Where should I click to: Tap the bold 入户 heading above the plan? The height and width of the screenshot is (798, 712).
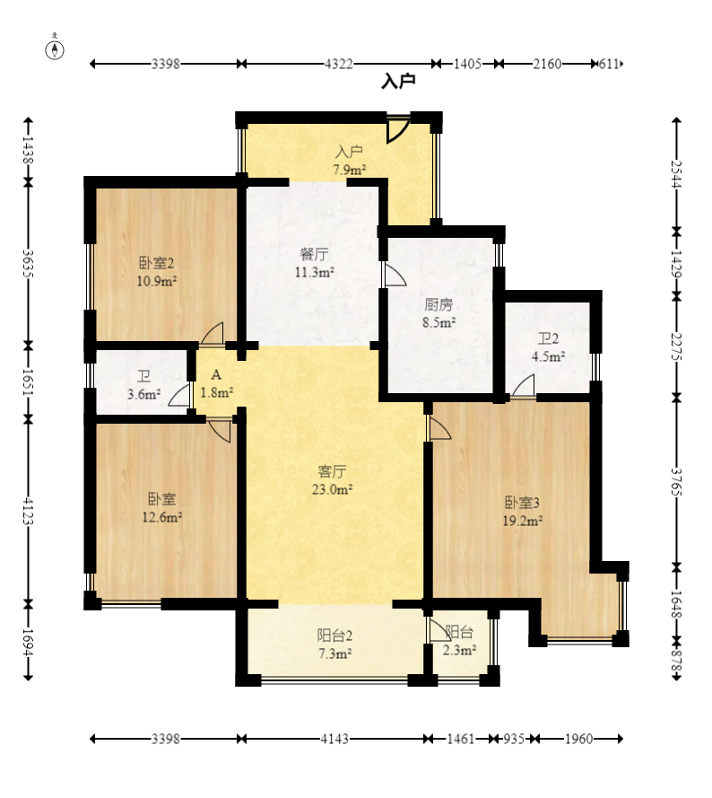[x=399, y=81]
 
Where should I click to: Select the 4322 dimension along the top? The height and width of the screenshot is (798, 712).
[x=339, y=64]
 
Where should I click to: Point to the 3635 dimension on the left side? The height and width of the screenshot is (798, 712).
[x=28, y=263]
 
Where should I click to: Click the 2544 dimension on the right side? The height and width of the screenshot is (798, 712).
[x=676, y=174]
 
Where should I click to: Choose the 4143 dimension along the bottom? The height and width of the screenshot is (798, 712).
[x=334, y=739]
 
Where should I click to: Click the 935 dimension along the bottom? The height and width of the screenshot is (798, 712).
[x=514, y=739]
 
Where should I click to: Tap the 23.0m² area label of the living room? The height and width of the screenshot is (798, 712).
[x=332, y=489]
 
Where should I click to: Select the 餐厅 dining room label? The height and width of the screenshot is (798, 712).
[x=314, y=254]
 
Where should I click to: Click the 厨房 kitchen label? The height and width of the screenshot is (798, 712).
[x=438, y=305]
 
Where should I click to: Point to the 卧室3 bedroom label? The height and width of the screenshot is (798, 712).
[x=522, y=503]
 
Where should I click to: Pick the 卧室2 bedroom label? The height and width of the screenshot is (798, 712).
[x=157, y=263]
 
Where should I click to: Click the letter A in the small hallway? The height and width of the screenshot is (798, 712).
[x=216, y=375]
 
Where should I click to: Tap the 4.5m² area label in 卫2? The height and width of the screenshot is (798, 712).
[x=548, y=356]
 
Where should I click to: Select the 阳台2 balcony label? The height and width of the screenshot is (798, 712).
[x=334, y=636]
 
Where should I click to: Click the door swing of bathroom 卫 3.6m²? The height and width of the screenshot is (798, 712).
[x=179, y=395]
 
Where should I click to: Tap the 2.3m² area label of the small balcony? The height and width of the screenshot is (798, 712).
[x=459, y=650]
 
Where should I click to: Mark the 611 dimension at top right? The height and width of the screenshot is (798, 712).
[x=609, y=64]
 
